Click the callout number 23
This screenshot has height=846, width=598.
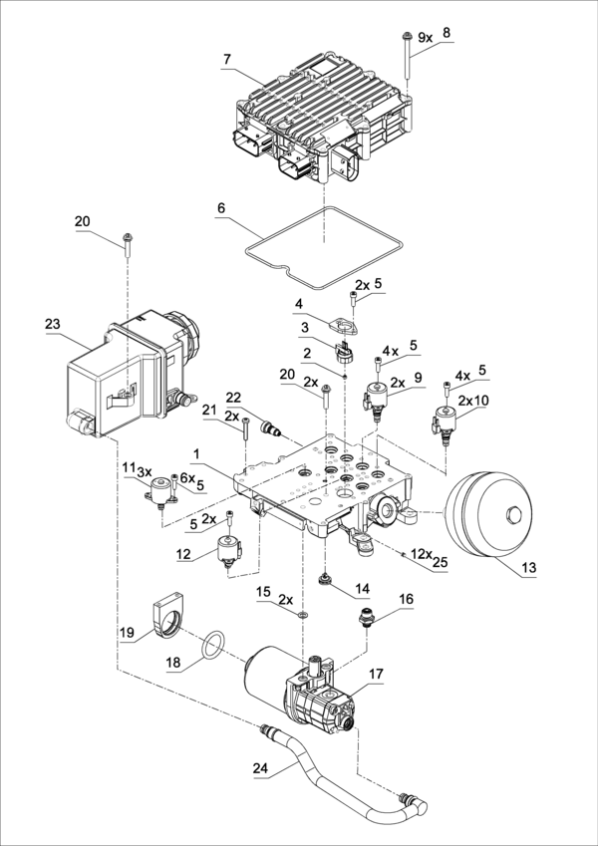tap(53, 324)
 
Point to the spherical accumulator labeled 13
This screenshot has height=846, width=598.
tap(488, 514)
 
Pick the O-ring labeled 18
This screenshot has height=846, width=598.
tap(212, 644)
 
